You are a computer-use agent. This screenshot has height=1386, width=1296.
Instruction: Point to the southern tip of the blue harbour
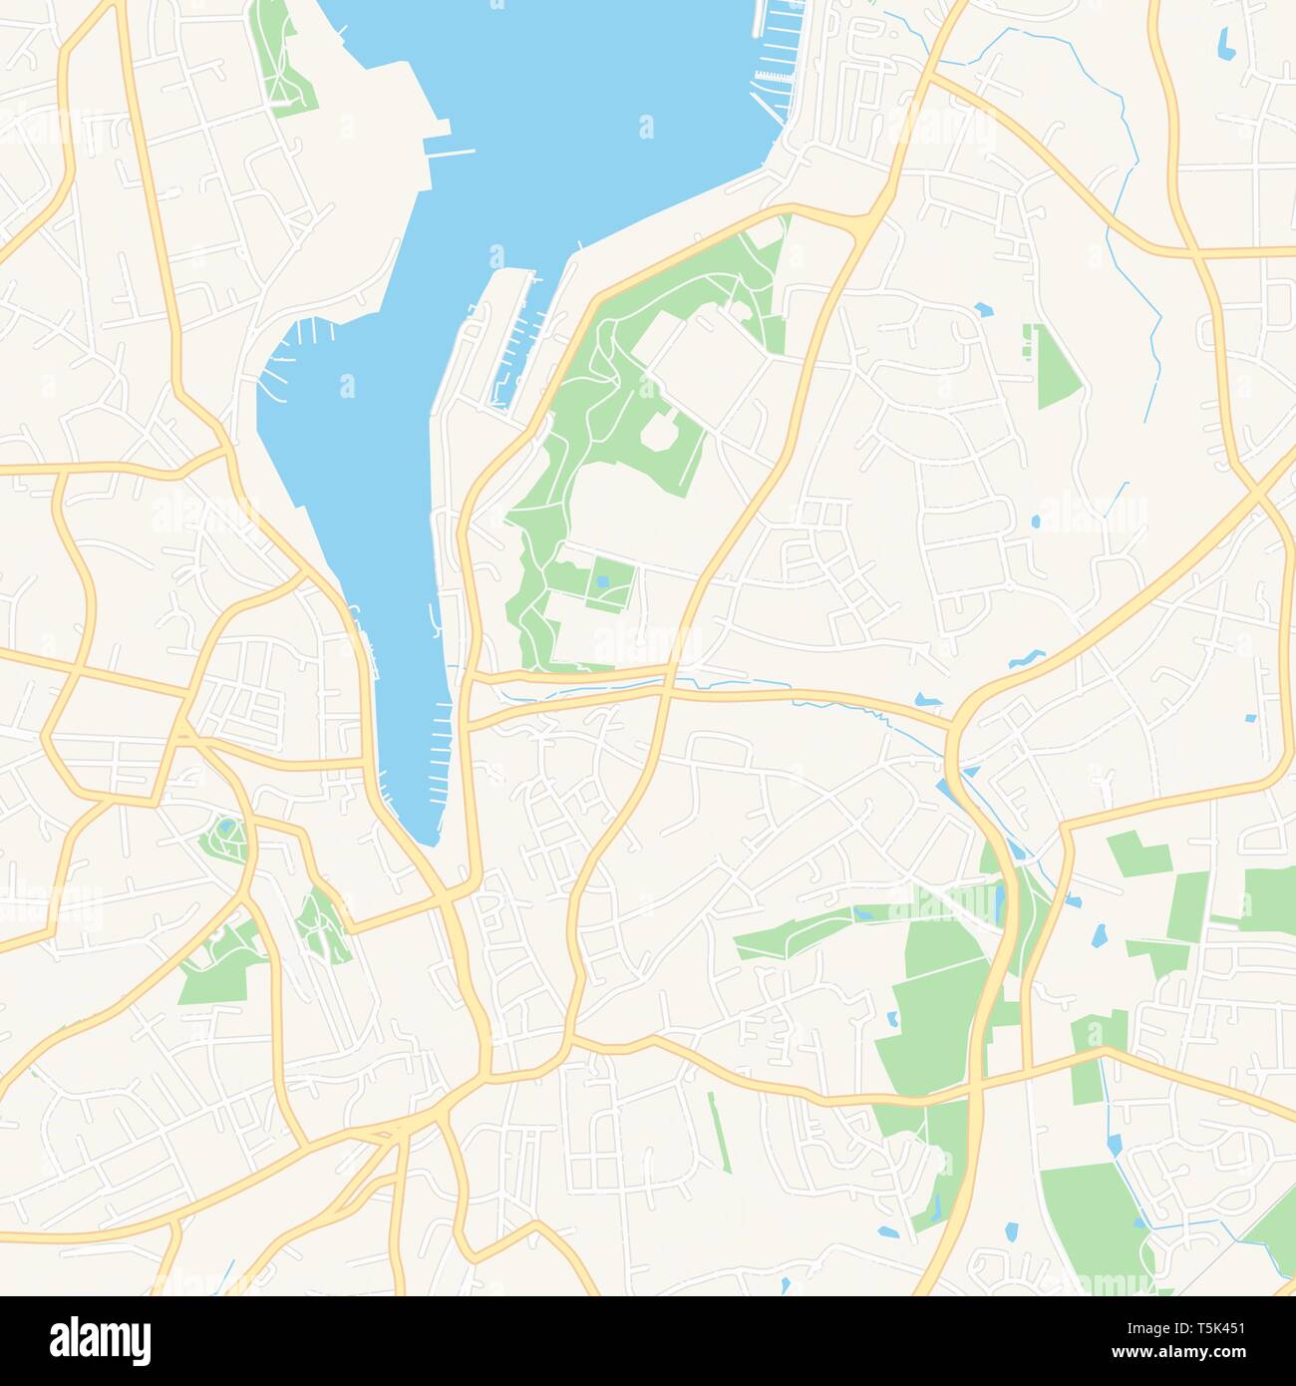coord(429,838)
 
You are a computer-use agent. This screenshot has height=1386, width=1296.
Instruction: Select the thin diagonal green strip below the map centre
coord(719,1132)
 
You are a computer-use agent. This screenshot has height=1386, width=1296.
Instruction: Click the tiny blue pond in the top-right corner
coord(1223,41)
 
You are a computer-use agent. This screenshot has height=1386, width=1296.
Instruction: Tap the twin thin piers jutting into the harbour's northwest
coord(449,154)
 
